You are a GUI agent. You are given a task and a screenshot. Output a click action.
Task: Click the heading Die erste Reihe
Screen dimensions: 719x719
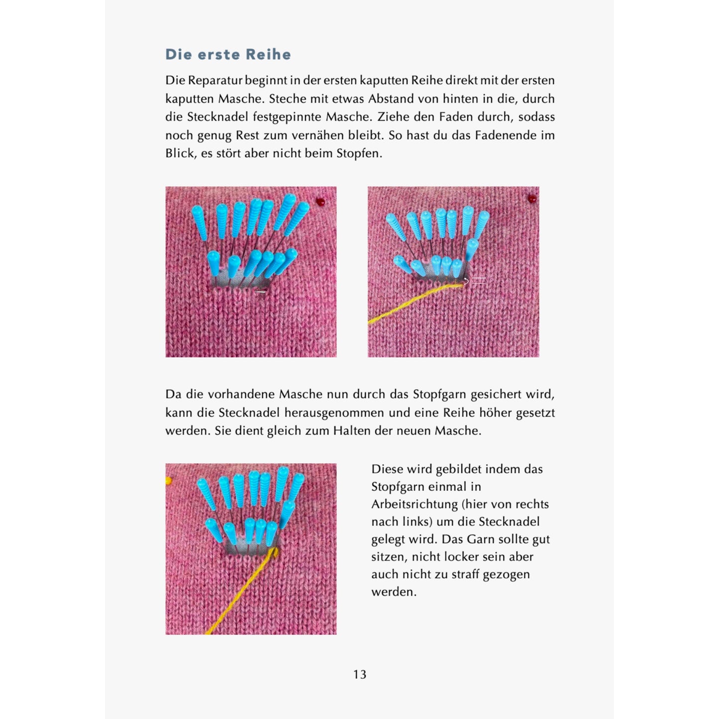228,54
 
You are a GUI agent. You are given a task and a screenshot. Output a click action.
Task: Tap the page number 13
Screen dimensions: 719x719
360,674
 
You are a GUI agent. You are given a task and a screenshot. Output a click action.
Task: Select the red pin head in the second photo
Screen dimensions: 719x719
532,199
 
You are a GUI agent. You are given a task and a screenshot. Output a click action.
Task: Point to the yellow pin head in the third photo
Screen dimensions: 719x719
168,481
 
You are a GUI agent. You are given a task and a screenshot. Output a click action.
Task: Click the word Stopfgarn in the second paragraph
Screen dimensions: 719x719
439,395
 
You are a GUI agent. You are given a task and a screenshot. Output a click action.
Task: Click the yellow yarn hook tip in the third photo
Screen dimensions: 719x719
274,551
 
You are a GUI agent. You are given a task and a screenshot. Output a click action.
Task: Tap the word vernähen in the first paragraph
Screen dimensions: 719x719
316,135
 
